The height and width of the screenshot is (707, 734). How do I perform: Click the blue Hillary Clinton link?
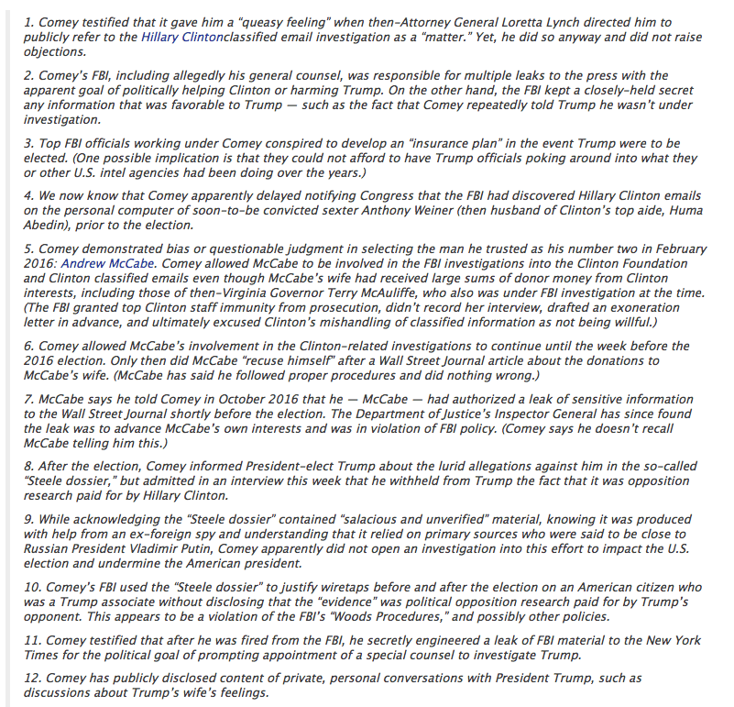pyautogui.click(x=181, y=37)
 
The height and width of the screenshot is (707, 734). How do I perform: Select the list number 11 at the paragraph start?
pyautogui.click(x=29, y=639)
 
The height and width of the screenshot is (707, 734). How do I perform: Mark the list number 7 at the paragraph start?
pyautogui.click(x=27, y=399)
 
